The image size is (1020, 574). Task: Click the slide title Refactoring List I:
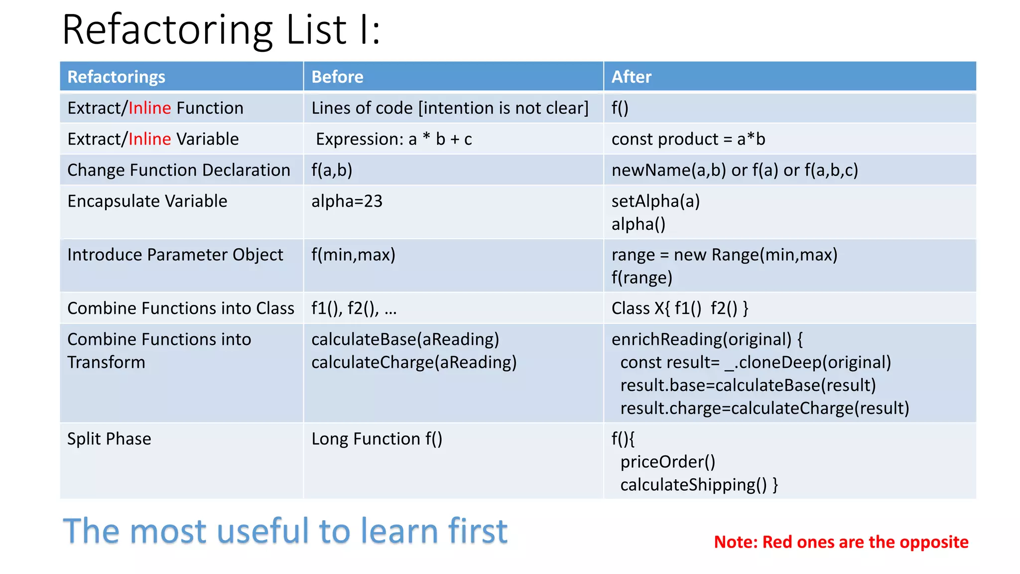(221, 30)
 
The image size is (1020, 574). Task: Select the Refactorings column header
(116, 77)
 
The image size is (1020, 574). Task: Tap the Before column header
(337, 77)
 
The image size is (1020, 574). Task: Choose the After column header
(631, 77)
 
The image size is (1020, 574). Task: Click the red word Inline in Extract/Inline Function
(149, 108)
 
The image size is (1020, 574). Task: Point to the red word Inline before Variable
(149, 139)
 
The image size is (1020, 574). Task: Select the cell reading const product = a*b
(688, 139)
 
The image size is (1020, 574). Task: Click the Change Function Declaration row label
(178, 170)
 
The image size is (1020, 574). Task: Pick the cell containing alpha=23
(347, 201)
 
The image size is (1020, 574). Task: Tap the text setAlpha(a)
(655, 201)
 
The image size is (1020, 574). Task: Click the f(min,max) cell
(353, 255)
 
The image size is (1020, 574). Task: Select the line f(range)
(641, 278)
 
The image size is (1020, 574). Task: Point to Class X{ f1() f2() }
(679, 308)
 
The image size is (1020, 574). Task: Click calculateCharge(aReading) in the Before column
(414, 362)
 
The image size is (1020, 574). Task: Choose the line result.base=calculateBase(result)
(748, 385)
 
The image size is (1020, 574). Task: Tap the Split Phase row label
(109, 439)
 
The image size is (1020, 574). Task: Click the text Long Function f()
(377, 439)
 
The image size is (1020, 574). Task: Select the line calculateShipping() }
(699, 485)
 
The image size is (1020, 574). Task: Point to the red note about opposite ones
(841, 542)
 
